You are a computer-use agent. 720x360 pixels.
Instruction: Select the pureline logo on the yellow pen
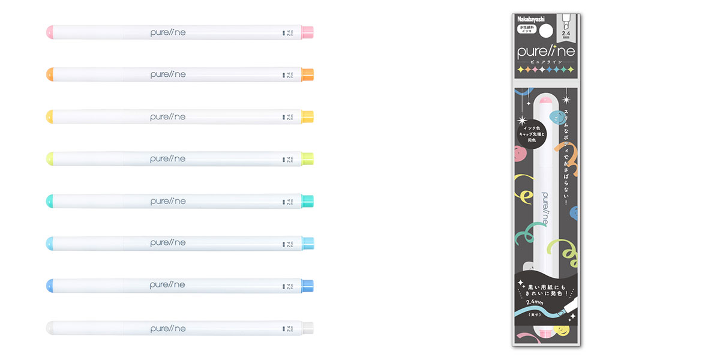click(x=168, y=116)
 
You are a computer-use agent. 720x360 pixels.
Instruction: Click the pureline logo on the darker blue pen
click(x=168, y=284)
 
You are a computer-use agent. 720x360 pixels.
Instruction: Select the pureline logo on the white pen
click(x=168, y=327)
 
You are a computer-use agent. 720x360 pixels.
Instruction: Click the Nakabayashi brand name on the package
click(x=531, y=19)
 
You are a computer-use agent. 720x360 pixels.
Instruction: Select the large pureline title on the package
click(x=545, y=52)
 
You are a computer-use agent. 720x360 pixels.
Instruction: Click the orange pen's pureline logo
click(x=168, y=74)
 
